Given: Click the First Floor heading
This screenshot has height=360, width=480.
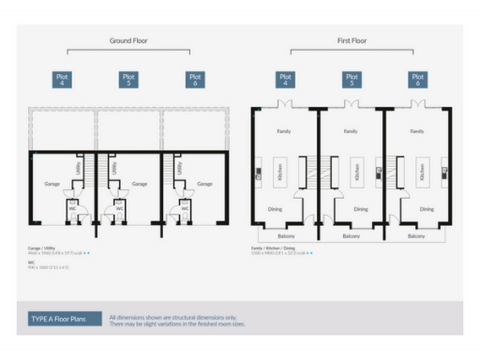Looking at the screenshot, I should (351, 41).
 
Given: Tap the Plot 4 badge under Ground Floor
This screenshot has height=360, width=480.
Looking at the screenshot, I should (62, 81).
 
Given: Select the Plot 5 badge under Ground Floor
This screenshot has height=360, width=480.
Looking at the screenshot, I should (128, 81).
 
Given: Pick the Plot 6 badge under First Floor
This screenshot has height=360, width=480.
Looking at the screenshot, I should (416, 81).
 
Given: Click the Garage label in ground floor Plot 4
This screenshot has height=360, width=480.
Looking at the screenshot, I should (52, 184).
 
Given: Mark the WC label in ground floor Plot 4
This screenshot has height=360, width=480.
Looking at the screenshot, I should (71, 208).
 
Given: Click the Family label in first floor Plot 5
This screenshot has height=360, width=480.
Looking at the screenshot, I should (351, 132).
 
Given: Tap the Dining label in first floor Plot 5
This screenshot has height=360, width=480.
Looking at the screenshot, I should (361, 209).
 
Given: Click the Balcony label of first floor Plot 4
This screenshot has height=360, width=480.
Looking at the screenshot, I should (285, 236).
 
